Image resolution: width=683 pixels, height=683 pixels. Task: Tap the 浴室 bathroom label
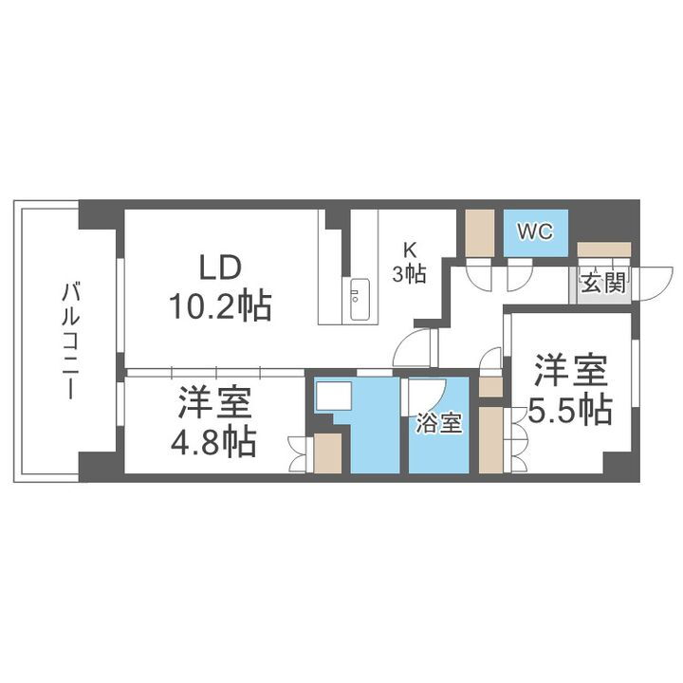pos(438,423)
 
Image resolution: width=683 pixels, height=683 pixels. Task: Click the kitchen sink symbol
pos(359,300)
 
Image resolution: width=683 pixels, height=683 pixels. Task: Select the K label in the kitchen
pos(410,250)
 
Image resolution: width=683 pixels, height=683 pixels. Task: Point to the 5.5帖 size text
pos(569,410)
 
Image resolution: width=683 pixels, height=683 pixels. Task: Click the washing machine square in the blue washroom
pos(333,396)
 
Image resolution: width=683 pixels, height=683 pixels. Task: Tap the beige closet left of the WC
pos(480,231)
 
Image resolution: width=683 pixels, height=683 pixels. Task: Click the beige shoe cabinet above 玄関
pos(603,249)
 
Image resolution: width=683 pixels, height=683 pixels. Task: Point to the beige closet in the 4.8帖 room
pos(327,453)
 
